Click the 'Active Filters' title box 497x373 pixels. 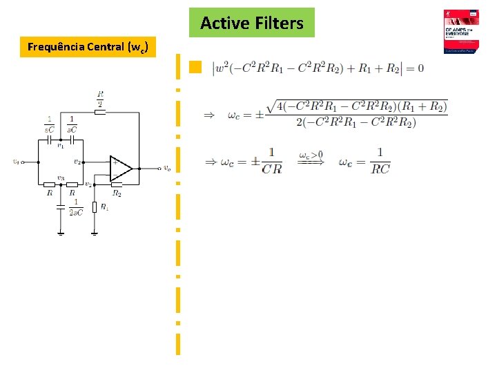[x=251, y=23]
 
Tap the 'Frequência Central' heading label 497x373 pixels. [x=88, y=47]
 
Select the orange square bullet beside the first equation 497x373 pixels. [x=195, y=67]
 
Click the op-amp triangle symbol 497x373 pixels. [x=121, y=168]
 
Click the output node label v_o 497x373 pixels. [x=168, y=169]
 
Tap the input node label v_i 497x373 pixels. [x=16, y=162]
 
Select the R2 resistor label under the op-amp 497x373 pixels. [x=117, y=194]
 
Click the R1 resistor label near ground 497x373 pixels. [x=104, y=207]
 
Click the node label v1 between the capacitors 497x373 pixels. [x=61, y=146]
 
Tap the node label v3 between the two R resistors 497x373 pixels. [x=61, y=178]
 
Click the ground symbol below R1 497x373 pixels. [x=94, y=233]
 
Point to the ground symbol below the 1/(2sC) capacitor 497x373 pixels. [x=61, y=233]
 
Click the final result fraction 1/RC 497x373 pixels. [x=379, y=161]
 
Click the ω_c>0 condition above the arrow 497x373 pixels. [x=311, y=155]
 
